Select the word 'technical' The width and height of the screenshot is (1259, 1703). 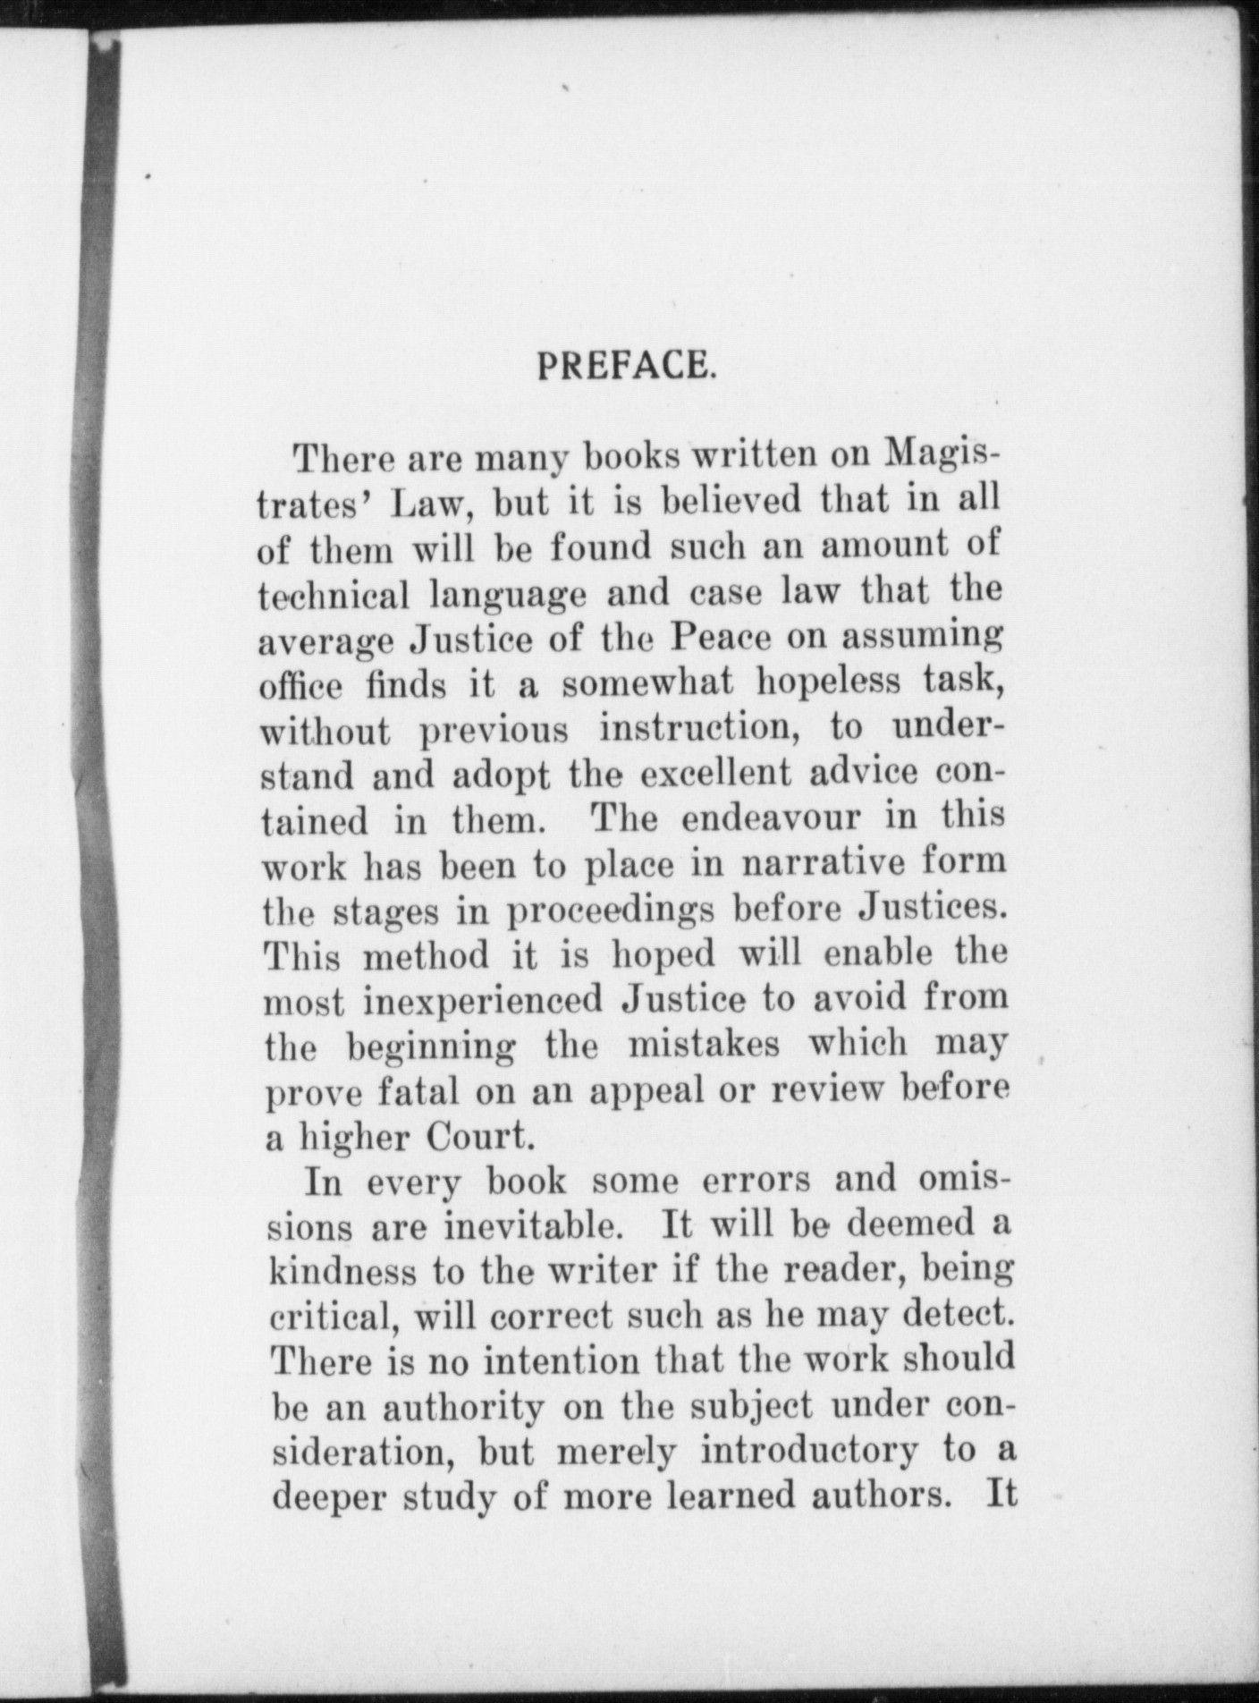(332, 595)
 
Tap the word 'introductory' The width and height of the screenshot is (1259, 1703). (809, 1451)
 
